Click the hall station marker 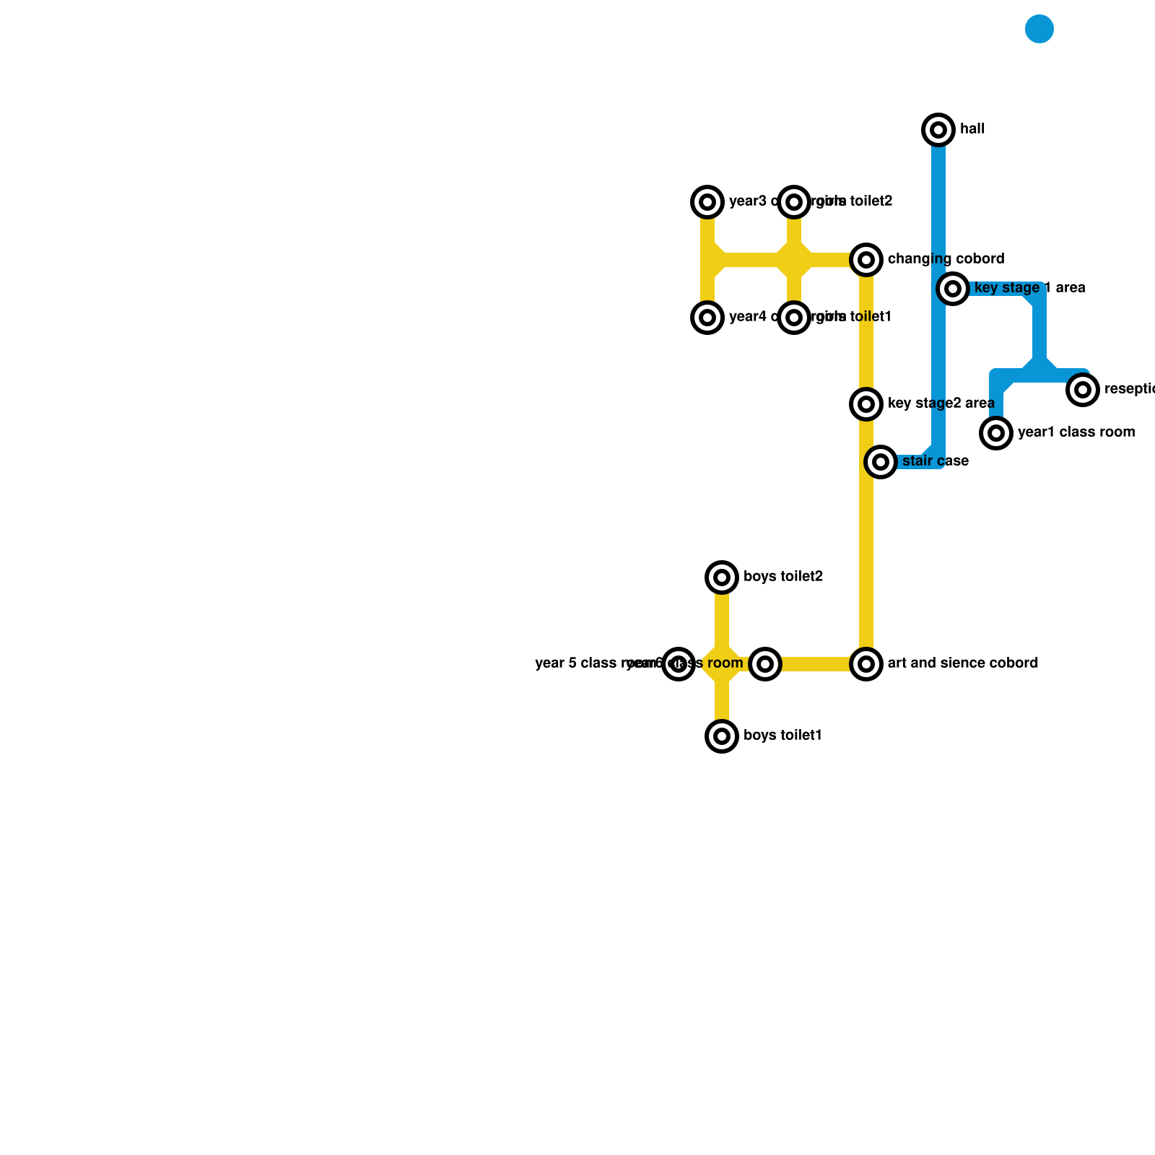[938, 130]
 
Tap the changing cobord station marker [866, 260]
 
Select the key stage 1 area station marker [953, 289]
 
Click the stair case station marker [881, 462]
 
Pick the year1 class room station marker [996, 433]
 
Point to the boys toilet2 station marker [722, 577]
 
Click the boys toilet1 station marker [722, 736]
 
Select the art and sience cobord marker [866, 664]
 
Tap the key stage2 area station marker [866, 404]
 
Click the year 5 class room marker [679, 664]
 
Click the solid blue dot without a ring [1039, 29]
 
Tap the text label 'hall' [972, 129]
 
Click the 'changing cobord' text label [946, 259]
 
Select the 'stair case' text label [935, 461]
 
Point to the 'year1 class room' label [1076, 432]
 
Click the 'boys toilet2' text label [783, 577]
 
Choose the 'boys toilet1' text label [783, 736]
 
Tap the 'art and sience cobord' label [962, 663]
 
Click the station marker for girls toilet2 [794, 202]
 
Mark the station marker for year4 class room [707, 318]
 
